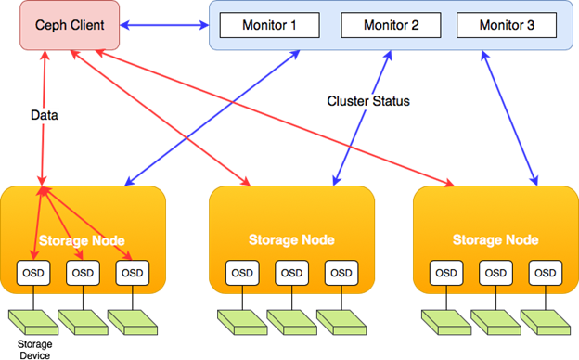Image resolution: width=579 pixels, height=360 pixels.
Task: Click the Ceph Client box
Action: (x=70, y=25)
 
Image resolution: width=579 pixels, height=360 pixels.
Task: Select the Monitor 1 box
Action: (x=270, y=25)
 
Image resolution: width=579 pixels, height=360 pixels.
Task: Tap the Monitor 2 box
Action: (x=391, y=25)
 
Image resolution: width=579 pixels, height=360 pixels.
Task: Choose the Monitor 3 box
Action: (x=507, y=25)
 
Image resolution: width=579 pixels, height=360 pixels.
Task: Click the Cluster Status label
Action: (x=368, y=101)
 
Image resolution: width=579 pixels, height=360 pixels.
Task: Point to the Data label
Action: (x=45, y=115)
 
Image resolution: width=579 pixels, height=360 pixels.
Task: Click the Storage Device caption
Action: (x=34, y=350)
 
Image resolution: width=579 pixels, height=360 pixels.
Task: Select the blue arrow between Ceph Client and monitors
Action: (x=164, y=25)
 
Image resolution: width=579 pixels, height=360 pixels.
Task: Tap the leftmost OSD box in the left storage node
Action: (x=33, y=273)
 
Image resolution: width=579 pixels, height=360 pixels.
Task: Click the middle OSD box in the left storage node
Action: (x=83, y=273)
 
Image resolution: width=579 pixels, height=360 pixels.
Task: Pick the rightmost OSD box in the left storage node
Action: (x=133, y=273)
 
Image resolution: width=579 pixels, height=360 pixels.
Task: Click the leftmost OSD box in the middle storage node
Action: (x=242, y=273)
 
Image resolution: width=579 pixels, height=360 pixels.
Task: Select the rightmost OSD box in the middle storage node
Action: (x=341, y=273)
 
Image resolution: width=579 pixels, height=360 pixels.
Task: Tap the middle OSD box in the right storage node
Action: (x=495, y=273)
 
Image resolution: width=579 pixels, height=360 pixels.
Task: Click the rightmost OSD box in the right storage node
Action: (x=546, y=273)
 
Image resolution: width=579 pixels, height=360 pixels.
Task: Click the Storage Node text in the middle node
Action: (x=291, y=240)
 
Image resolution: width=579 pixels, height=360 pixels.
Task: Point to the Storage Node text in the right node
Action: (x=495, y=240)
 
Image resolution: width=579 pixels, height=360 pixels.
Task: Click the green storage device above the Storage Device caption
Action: (x=33, y=323)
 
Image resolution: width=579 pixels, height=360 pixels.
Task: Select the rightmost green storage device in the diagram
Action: (x=546, y=323)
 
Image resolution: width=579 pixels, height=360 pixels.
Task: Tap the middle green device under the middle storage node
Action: (x=291, y=323)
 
